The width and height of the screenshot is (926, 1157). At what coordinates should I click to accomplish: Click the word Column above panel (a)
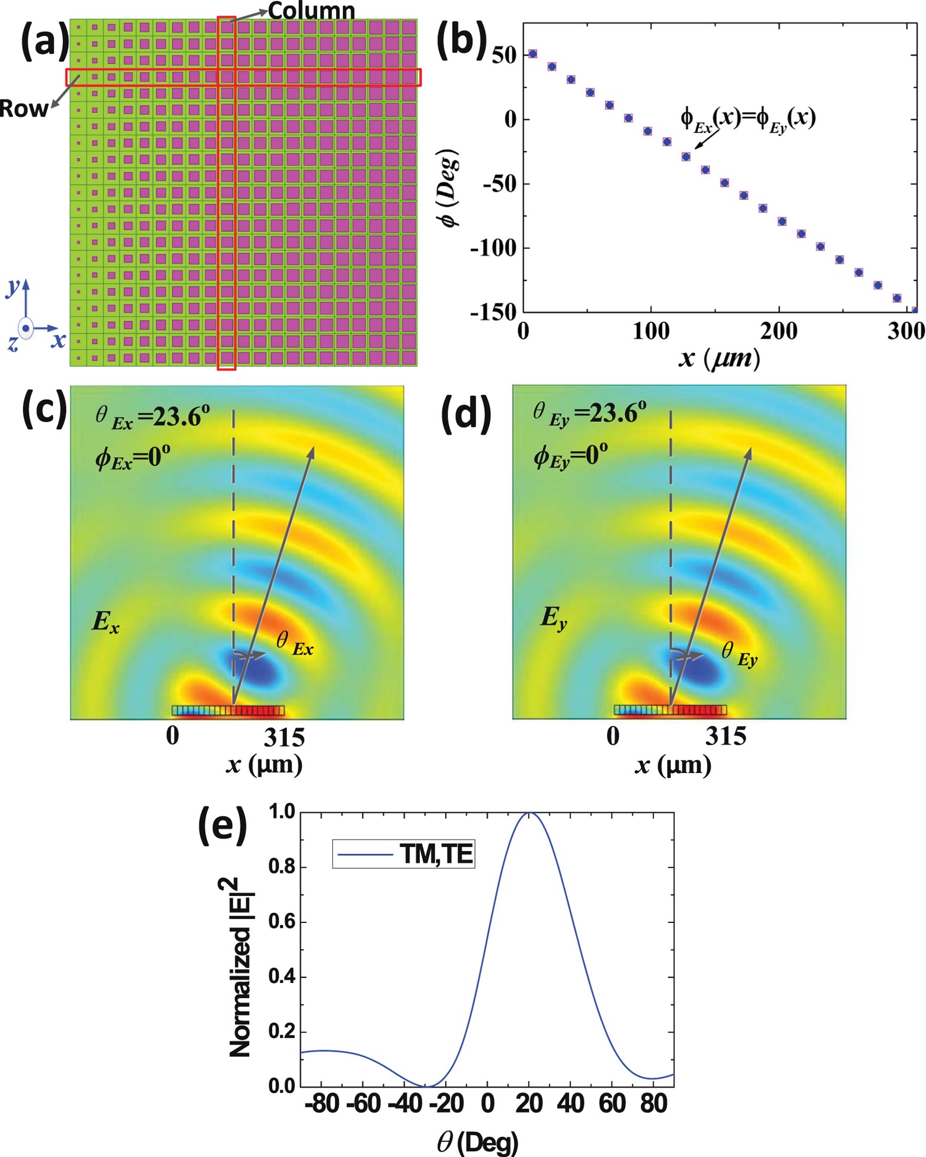[x=311, y=11]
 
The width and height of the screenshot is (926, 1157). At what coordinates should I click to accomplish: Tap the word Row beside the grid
[x=24, y=108]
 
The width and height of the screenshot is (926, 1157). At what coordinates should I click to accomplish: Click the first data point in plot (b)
[x=533, y=54]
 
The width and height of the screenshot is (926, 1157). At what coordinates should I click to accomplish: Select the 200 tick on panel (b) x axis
[x=778, y=331]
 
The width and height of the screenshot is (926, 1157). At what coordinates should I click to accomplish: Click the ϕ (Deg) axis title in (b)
[x=450, y=188]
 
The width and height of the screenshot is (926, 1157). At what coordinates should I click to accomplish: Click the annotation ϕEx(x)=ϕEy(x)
[x=748, y=119]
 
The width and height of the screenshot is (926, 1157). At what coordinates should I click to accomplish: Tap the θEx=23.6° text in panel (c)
[x=152, y=416]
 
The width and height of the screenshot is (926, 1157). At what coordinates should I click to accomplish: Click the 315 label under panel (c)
[x=284, y=738]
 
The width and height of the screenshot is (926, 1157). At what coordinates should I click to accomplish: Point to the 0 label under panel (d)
[x=613, y=736]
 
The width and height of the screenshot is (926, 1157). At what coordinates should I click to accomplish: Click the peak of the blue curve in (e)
[x=529, y=813]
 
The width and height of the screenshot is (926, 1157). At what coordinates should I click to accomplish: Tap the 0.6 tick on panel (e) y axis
[x=281, y=922]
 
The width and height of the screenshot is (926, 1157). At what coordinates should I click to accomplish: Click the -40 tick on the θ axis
[x=405, y=1103]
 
